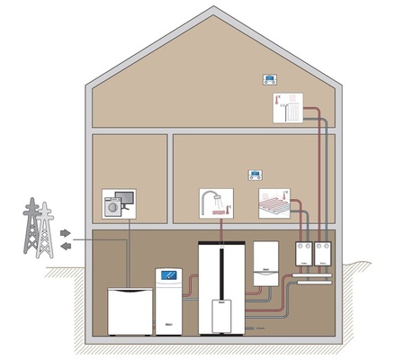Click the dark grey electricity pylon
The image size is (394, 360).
[x=31, y=229]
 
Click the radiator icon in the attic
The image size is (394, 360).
[x=286, y=108]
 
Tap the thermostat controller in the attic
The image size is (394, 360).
[x=269, y=78]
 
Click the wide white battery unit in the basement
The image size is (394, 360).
[x=130, y=308]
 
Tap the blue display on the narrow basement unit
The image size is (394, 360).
[x=169, y=276]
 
